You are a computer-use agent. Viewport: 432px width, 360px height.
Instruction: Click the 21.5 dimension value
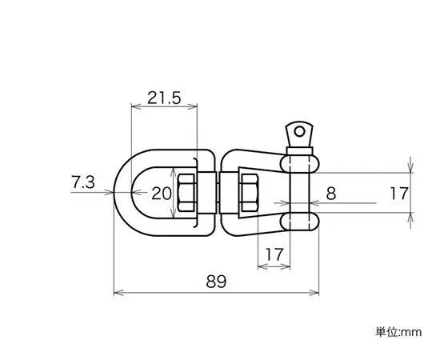[x=164, y=98]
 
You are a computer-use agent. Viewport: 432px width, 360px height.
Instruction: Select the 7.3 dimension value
[x=83, y=182]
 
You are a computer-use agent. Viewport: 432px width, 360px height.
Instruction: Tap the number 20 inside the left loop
[x=161, y=194]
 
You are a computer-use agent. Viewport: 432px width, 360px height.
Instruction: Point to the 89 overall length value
[x=216, y=282]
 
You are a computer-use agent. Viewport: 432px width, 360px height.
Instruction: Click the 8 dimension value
[x=331, y=194]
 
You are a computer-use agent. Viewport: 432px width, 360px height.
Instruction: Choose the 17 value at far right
[x=398, y=193]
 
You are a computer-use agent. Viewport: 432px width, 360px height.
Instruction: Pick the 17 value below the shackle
[x=274, y=254]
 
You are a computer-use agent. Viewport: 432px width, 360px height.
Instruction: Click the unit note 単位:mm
[x=398, y=332]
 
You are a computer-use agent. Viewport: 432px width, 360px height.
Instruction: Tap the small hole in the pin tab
[x=299, y=132]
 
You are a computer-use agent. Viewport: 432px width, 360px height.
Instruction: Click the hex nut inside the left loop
[x=186, y=193]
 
